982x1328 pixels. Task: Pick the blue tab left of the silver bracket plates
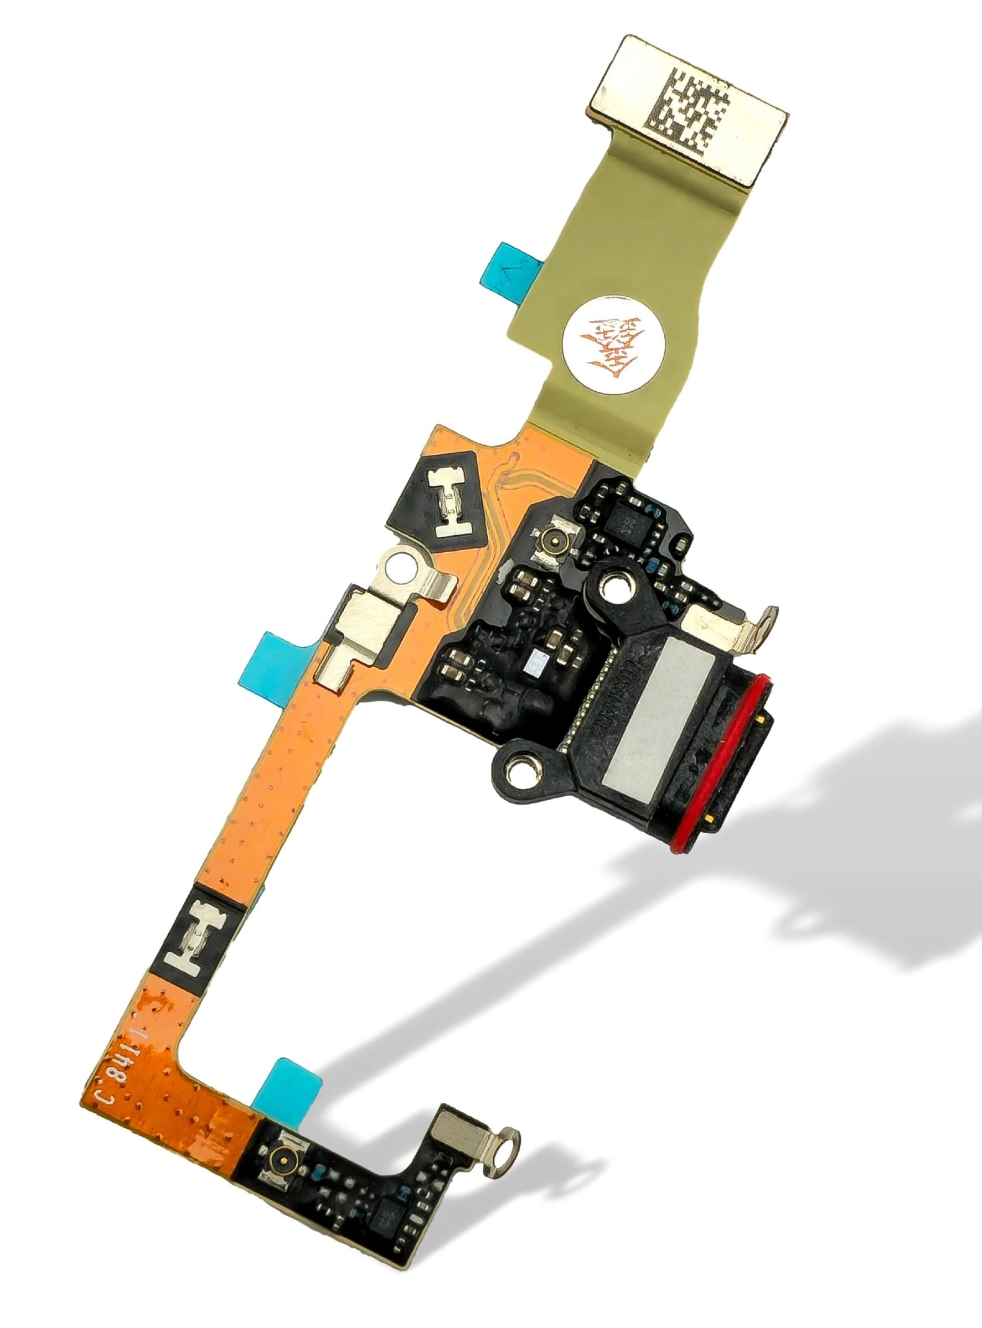[x=283, y=658]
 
